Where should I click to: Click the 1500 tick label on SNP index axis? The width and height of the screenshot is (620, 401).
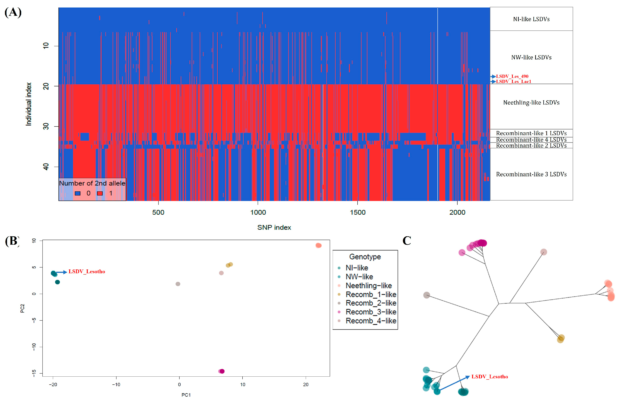(357, 212)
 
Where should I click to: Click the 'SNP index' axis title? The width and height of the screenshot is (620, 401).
(274, 228)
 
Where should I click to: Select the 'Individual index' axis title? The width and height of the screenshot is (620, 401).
(28, 104)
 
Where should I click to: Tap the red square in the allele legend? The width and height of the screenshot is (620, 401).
(100, 193)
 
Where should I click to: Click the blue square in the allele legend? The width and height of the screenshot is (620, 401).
(78, 193)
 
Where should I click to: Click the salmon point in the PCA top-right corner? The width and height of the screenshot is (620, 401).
(318, 245)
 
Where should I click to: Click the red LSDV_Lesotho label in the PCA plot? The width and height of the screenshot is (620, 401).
(87, 272)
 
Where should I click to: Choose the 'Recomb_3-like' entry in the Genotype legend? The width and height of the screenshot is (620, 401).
(371, 312)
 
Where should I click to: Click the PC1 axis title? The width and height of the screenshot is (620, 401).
(186, 395)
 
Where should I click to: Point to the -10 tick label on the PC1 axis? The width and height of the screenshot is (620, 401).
(116, 384)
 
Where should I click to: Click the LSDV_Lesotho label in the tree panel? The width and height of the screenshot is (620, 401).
(490, 377)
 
